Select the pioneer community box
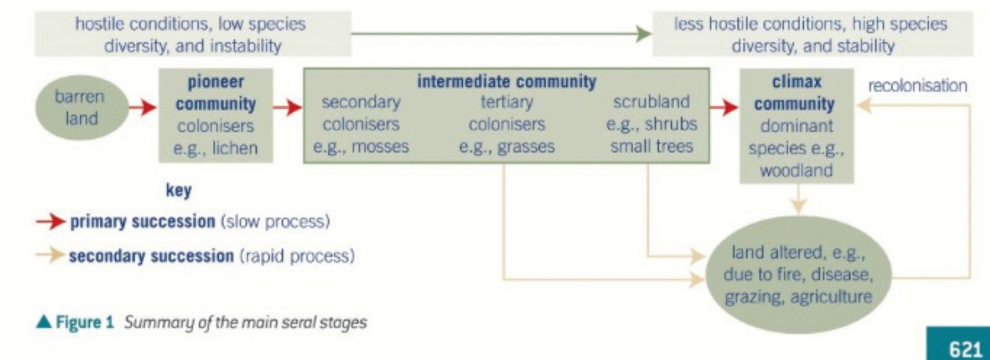point(216,115)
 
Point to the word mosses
point(381,146)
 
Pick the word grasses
point(527,146)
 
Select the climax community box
point(797,126)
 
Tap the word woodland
point(796,170)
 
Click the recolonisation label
point(917,85)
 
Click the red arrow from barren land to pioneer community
point(140,108)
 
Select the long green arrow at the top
point(497,33)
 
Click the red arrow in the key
point(50,222)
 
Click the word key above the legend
point(178,191)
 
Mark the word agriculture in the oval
point(830,298)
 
